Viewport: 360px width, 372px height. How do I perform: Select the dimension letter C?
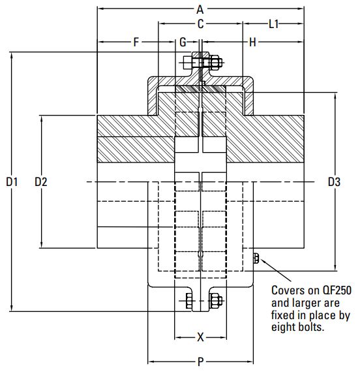click(200, 24)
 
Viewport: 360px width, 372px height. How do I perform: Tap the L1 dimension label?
click(274, 24)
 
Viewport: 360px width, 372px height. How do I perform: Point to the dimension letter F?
click(136, 42)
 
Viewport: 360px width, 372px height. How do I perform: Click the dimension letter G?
click(183, 42)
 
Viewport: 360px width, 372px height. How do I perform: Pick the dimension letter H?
click(252, 42)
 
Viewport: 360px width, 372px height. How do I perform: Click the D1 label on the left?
click(12, 182)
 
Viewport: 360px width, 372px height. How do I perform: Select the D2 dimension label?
click(40, 182)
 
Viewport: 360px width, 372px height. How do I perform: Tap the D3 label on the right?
click(334, 182)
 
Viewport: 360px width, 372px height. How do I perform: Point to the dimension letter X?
click(200, 337)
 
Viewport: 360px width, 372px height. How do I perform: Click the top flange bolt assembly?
click(203, 63)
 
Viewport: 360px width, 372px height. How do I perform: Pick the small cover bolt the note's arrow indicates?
click(255, 259)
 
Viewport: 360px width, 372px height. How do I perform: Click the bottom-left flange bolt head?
click(188, 302)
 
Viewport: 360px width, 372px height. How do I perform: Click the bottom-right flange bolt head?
click(216, 302)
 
